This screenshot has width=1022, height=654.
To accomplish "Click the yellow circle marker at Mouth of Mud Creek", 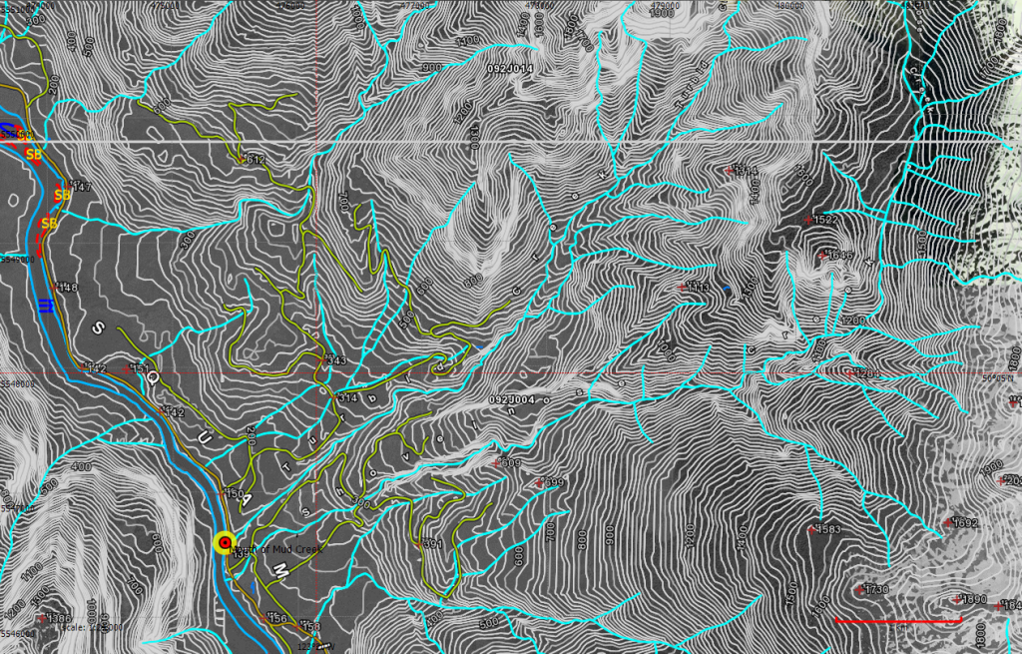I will [225, 542].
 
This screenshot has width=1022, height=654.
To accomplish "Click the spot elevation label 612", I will [255, 160].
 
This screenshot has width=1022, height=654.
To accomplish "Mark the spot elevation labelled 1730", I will [874, 590].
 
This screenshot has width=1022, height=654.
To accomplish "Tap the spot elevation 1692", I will [962, 523].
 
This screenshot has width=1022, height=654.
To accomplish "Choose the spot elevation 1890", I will [971, 600].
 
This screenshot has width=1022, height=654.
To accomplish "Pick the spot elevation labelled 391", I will [431, 544].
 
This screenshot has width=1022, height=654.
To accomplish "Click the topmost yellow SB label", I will [34, 155].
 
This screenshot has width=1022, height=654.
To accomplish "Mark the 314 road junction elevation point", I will [346, 397].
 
